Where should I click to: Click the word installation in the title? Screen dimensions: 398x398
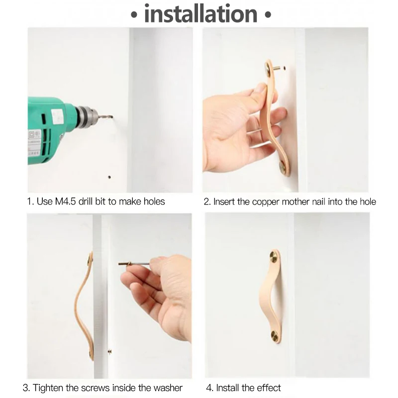(201, 14)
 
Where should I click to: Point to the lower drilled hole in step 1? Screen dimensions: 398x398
(109, 176)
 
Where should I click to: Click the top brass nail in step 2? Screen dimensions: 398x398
(270, 67)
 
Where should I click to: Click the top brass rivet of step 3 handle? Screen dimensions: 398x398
(90, 259)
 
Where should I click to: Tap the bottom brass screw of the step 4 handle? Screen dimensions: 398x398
(276, 335)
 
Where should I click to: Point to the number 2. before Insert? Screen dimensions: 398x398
(207, 202)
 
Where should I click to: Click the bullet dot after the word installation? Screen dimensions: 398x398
(268, 15)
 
